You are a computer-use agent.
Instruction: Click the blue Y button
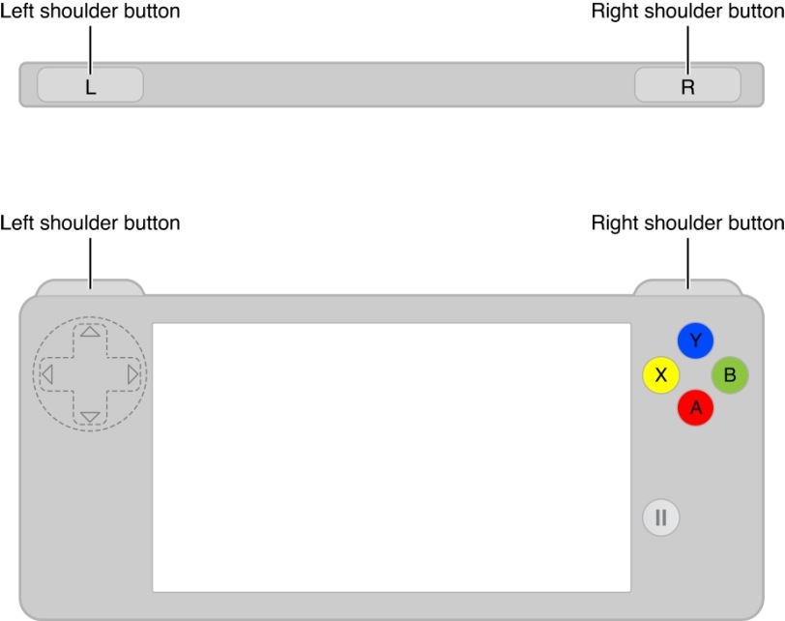point(695,340)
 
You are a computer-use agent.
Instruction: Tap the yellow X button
point(661,374)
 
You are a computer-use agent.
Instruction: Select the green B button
point(730,374)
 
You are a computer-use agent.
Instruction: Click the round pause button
point(661,517)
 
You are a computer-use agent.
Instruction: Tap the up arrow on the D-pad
point(90,331)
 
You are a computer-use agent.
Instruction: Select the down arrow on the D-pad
point(90,417)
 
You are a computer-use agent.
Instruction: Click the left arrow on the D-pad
point(47,373)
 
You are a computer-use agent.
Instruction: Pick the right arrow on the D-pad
point(132,373)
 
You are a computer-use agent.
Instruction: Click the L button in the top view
point(90,85)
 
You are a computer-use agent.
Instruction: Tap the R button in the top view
point(687,85)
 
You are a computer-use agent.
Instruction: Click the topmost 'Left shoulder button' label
point(90,12)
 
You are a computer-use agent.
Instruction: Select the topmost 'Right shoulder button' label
point(687,12)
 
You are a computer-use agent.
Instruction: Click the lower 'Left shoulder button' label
point(90,223)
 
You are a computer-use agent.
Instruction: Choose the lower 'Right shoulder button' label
point(687,223)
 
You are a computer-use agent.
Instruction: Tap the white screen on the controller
point(392,457)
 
